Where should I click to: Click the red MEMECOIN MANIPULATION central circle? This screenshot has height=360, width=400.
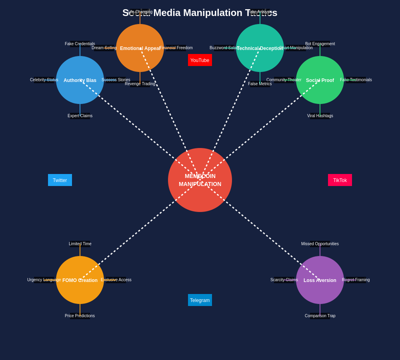pyautogui.click(x=200, y=180)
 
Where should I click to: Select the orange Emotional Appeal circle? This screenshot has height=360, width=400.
pyautogui.click(x=140, y=48)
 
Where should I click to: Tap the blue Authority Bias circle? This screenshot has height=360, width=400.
pyautogui.click(x=80, y=80)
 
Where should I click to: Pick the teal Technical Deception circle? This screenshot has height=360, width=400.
pyautogui.click(x=260, y=48)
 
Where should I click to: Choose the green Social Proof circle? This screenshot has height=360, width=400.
pyautogui.click(x=320, y=80)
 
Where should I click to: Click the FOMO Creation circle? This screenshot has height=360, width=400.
pyautogui.click(x=80, y=280)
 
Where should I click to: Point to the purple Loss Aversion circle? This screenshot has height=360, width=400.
pyautogui.click(x=320, y=280)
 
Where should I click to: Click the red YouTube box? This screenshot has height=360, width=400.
pyautogui.click(x=200, y=60)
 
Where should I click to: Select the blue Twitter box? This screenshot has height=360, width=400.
pyautogui.click(x=60, y=180)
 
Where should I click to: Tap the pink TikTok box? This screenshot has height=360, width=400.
pyautogui.click(x=340, y=180)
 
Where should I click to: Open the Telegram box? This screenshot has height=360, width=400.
pyautogui.click(x=200, y=300)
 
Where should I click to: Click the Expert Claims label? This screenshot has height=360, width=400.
pyautogui.click(x=80, y=116)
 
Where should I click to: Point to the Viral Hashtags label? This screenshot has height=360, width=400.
pyautogui.click(x=320, y=116)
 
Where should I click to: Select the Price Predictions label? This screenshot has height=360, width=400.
pyautogui.click(x=80, y=316)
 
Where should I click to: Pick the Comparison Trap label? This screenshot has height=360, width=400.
pyautogui.click(x=320, y=316)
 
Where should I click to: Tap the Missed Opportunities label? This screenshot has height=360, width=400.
pyautogui.click(x=320, y=244)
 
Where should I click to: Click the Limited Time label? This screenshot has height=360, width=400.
pyautogui.click(x=80, y=244)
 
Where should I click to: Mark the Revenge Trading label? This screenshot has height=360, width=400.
pyautogui.click(x=140, y=84)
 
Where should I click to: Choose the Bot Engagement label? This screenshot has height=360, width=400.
pyautogui.click(x=320, y=44)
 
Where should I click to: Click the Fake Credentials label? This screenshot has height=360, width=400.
pyautogui.click(x=80, y=44)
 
